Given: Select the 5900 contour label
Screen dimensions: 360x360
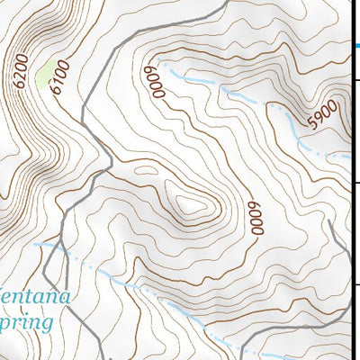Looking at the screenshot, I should (x=321, y=115).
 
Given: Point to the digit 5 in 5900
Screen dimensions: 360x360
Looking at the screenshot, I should (x=310, y=125).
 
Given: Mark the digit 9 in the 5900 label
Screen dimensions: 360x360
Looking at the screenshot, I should (x=317, y=119).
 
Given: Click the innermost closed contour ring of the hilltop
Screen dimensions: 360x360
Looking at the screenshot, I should (x=193, y=208).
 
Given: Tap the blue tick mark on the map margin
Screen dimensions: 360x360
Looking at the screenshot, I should (x=356, y=43).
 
